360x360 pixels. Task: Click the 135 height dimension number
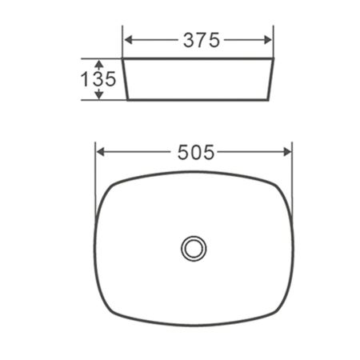tap(100, 78)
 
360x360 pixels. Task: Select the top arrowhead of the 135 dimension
tap(99, 62)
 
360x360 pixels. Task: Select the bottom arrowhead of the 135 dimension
tap(99, 95)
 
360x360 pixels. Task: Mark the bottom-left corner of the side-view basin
tap(130, 101)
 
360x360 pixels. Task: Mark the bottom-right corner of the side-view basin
tap(266, 101)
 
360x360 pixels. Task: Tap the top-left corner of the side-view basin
tap(122, 58)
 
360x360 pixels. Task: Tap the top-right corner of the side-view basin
tap(274, 58)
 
